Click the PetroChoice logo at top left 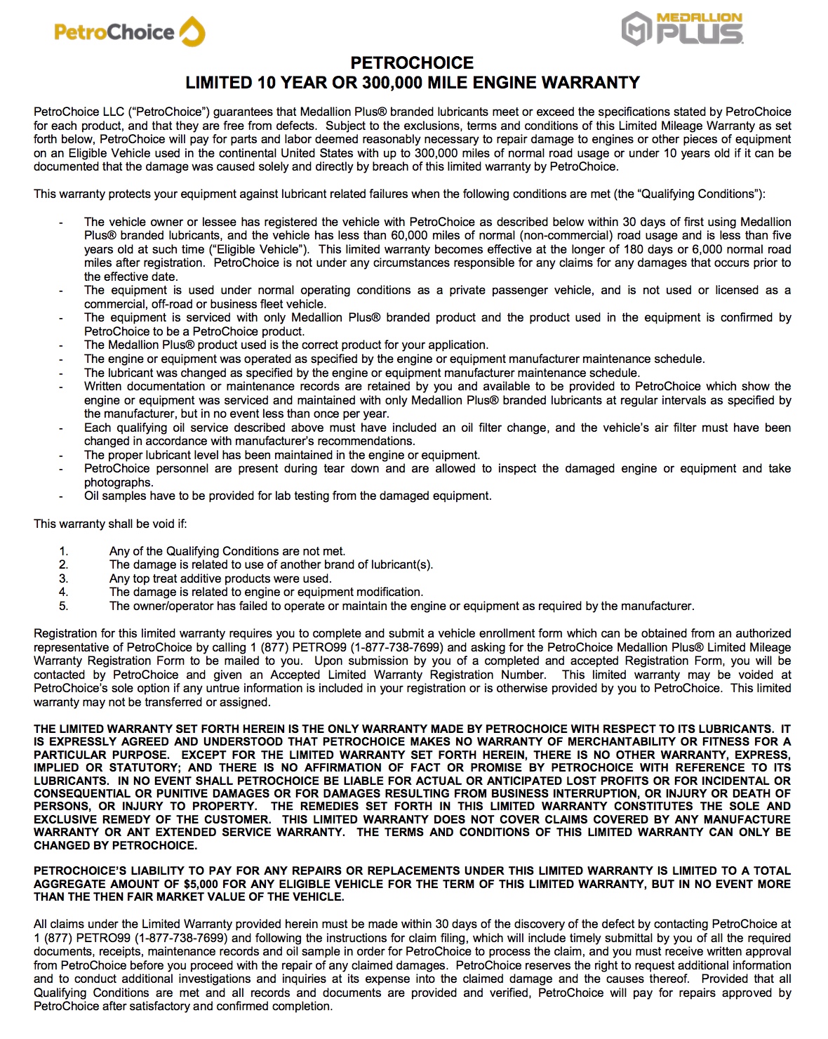click(129, 32)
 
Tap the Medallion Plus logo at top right click(682, 29)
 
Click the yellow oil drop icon click(192, 32)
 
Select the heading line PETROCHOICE click(412, 63)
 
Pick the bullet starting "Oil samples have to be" click(288, 496)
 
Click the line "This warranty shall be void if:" click(110, 524)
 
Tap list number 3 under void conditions click(63, 578)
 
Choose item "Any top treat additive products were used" click(220, 578)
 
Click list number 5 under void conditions click(63, 606)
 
